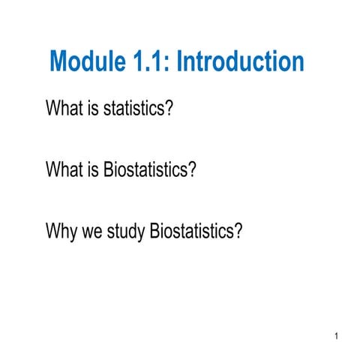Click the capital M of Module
click(x=59, y=61)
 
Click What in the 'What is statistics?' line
click(x=63, y=109)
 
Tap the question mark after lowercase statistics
click(x=169, y=109)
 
